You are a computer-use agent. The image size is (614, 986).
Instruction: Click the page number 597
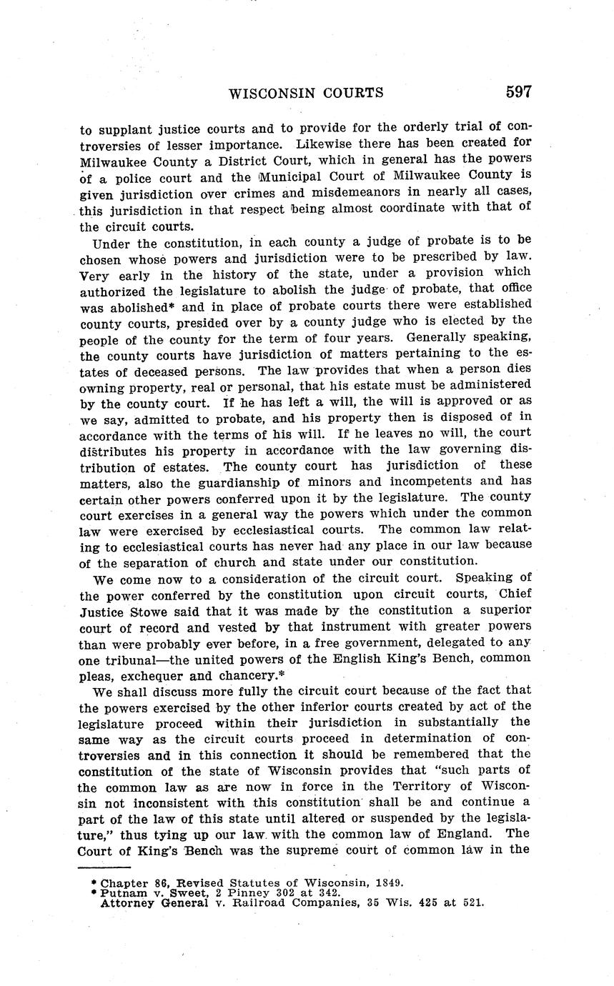pyautogui.click(x=518, y=92)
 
